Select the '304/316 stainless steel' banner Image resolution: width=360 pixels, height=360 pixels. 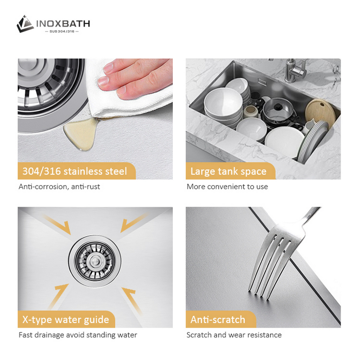click(74, 171)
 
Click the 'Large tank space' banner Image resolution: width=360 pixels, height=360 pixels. click(228, 171)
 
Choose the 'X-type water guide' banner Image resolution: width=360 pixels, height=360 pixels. click(66, 319)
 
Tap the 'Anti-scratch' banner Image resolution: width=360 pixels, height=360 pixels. click(218, 319)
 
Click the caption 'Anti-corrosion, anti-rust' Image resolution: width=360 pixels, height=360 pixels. click(59, 186)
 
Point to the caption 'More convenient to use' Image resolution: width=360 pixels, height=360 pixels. click(227, 186)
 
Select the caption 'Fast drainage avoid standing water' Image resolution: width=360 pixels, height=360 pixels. click(77, 335)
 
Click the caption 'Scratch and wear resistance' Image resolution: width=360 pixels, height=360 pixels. click(234, 335)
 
